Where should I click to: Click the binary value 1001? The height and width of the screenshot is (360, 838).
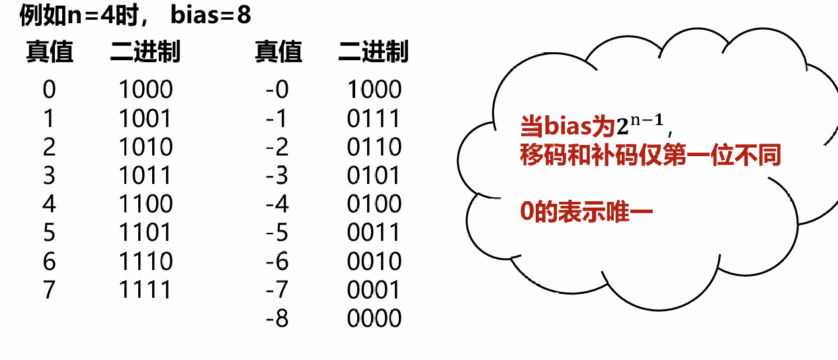(x=146, y=118)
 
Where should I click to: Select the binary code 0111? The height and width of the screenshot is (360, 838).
(x=374, y=118)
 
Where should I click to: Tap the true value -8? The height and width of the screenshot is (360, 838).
(x=277, y=319)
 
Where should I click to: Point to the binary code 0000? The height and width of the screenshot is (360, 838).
(x=374, y=319)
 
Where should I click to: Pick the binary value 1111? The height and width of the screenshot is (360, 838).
(x=146, y=290)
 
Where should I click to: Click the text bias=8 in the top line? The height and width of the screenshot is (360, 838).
(x=211, y=15)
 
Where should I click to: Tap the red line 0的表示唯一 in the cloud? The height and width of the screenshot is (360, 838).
(x=587, y=214)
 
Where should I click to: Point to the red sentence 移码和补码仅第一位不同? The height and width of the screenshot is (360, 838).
(x=650, y=156)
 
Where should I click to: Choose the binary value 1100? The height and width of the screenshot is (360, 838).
(x=146, y=204)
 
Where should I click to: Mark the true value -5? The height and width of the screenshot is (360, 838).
(x=277, y=233)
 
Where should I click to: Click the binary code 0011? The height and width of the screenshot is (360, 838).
(x=374, y=233)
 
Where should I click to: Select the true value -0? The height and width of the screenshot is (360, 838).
(x=277, y=89)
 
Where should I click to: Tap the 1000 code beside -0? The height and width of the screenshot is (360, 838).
(x=374, y=89)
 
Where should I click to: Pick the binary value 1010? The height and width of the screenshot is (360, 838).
(x=146, y=147)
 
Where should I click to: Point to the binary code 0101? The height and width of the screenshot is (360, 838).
(x=374, y=175)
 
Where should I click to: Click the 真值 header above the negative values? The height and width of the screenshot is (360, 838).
(x=278, y=52)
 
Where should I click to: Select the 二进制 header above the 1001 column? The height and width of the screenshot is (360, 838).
(x=146, y=52)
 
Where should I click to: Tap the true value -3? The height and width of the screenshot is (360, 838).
(x=277, y=175)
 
